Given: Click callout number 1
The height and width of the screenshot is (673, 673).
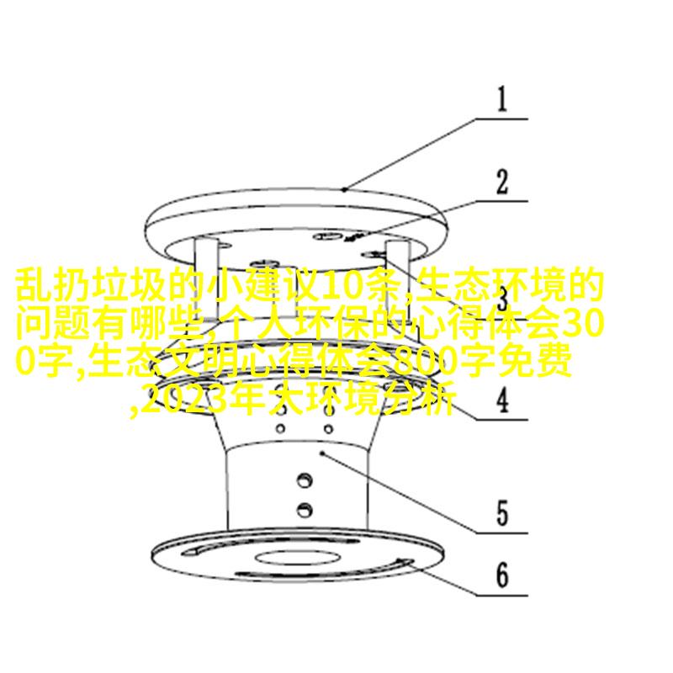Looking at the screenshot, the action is (501, 99).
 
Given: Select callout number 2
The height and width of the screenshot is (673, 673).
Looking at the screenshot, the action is (501, 182).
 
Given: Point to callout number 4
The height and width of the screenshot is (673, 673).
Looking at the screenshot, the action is (502, 400).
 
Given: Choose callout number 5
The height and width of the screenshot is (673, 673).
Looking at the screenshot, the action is (502, 513).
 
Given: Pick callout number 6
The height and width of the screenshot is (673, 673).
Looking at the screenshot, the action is (502, 575).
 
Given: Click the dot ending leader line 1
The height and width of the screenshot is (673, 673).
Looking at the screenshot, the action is (344, 189).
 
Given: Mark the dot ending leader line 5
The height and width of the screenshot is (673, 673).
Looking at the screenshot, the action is (323, 453).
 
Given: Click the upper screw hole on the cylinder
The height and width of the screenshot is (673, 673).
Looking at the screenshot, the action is (305, 480).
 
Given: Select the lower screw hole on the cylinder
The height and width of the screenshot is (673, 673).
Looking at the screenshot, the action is (305, 510).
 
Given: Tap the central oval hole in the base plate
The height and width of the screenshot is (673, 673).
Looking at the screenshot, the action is (298, 558).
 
